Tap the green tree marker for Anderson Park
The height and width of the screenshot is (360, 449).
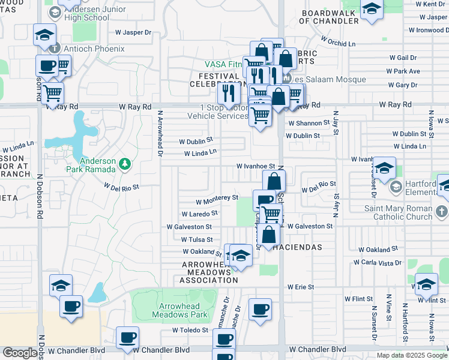[x=124, y=163]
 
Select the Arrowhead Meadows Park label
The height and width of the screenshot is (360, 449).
[x=179, y=310]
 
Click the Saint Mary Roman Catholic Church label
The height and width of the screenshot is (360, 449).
[x=399, y=212]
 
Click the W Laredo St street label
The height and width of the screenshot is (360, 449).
[x=199, y=214]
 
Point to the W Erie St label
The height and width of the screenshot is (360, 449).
[x=301, y=287]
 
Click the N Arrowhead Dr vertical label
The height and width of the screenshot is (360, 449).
[x=160, y=133]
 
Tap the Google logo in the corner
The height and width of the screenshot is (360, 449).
[x=20, y=353]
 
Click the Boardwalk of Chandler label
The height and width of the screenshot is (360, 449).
[x=330, y=17]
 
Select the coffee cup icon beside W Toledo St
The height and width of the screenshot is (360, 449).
[x=127, y=337]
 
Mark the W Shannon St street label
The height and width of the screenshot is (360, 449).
[x=309, y=122]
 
